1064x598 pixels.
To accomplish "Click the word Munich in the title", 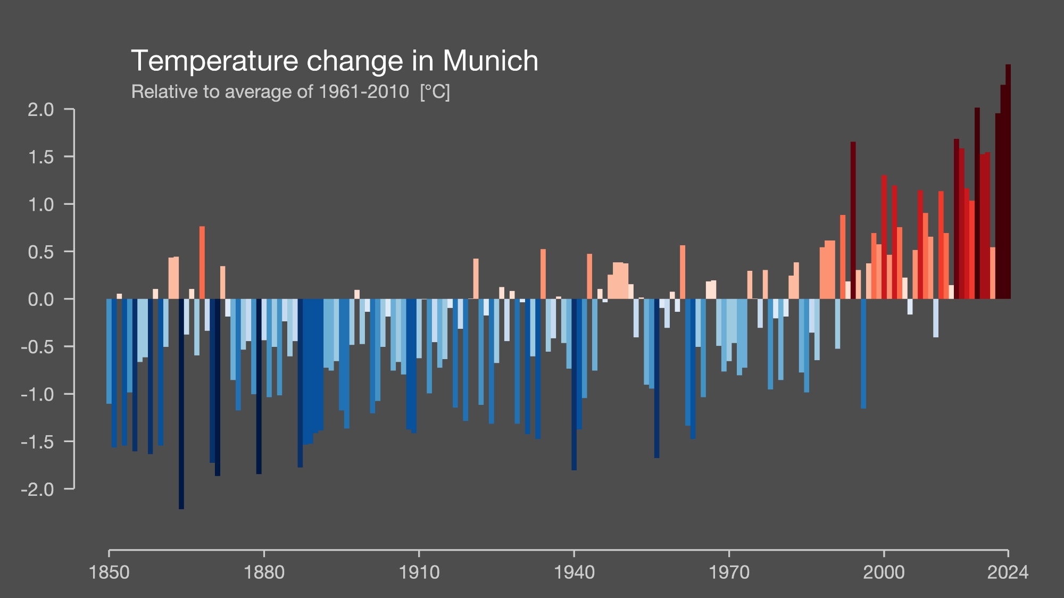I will [490, 61].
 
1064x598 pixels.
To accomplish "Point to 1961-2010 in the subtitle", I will [363, 92].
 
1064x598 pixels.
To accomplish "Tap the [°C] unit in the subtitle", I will [435, 92].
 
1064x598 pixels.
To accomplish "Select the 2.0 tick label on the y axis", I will [41, 110].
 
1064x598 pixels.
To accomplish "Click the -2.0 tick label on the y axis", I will [38, 489].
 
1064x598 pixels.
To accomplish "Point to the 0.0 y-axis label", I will [41, 300].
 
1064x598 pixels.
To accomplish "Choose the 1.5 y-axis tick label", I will [41, 157].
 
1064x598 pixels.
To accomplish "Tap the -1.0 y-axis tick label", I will [38, 394].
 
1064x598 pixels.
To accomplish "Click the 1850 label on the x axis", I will [109, 572].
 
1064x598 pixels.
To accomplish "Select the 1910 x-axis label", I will [419, 572].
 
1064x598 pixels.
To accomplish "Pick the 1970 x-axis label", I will [729, 572].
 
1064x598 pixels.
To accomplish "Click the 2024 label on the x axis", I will [1008, 572].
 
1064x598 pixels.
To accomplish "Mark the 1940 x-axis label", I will [574, 572].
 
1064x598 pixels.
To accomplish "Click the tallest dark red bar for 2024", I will [1008, 181].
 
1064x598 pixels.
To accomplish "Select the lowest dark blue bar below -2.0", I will [181, 404].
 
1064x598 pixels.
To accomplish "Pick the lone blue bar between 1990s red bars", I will [863, 354].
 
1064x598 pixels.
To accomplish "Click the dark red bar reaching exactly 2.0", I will [977, 202].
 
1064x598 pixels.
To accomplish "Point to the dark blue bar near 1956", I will [657, 378].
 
